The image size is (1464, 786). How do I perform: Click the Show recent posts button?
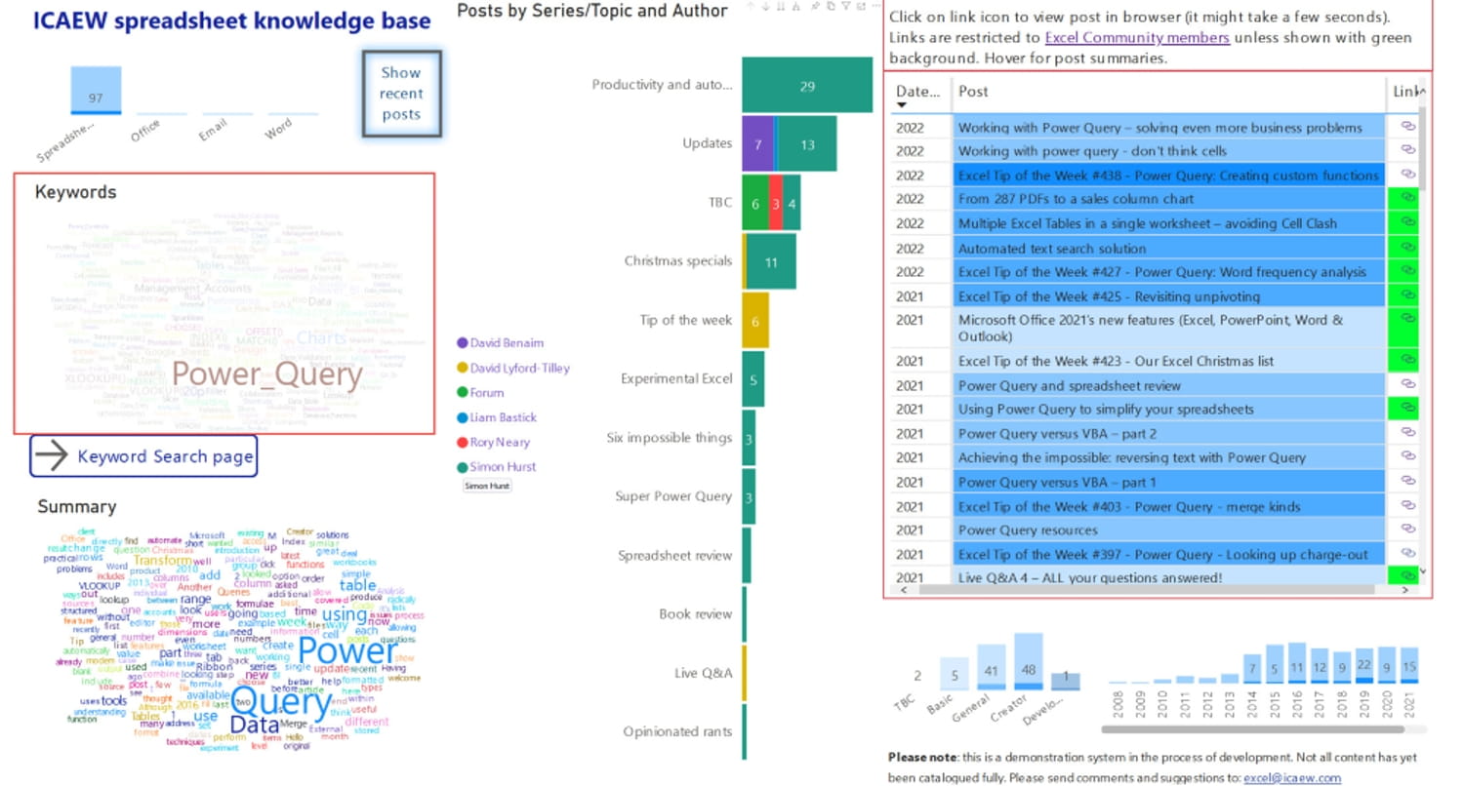pos(401,94)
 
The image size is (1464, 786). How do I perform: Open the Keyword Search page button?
pos(143,456)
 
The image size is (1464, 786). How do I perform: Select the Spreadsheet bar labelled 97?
pos(96,91)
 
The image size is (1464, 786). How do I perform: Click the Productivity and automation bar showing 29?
pos(806,85)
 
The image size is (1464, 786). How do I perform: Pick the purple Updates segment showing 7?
pos(757,144)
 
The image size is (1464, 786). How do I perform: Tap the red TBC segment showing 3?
pos(776,203)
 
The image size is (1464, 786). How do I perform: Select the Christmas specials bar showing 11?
pos(771,261)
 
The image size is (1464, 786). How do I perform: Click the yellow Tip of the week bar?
pos(754,320)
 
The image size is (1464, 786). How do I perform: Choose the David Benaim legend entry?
pos(507,343)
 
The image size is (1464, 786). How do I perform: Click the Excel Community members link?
pos(1136,38)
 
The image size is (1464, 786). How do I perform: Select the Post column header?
pos(973,92)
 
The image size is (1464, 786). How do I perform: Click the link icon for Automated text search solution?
pos(1407,248)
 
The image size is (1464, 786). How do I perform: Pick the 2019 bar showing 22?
pos(1364,667)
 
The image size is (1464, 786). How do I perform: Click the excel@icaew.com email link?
pos(1291,777)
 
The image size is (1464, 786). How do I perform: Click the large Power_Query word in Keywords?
pos(266,375)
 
